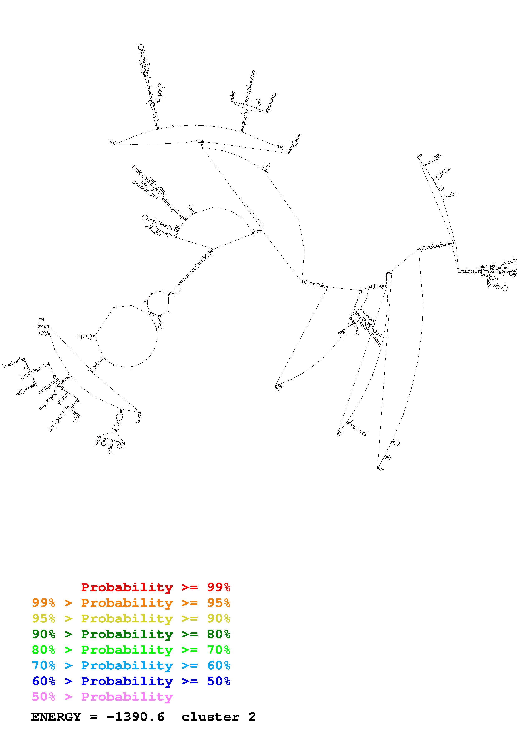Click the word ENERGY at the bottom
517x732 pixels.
56,717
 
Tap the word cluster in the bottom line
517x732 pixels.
210,717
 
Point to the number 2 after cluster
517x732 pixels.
252,717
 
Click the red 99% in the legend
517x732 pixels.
219,587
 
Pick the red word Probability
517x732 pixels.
127,587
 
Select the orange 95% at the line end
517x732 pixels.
219,603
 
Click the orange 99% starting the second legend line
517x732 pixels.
44,603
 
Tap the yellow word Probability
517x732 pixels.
127,618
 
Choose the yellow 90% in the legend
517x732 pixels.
219,618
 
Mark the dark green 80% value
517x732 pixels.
219,634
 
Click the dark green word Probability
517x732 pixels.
127,634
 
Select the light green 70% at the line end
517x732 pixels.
219,650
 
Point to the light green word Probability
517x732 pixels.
127,650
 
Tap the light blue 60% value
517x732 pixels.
219,665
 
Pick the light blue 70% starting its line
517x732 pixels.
44,665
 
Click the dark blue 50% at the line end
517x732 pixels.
219,681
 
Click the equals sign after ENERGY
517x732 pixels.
94,717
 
